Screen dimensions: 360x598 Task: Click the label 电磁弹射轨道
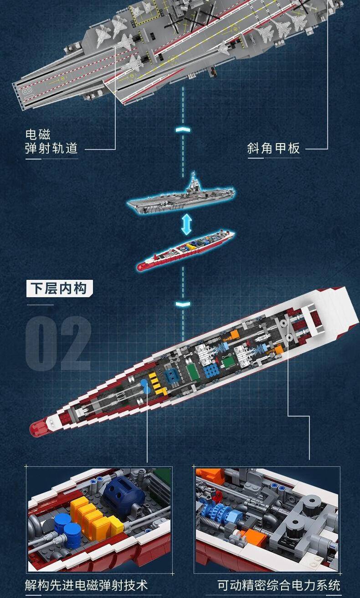click(x=51, y=141)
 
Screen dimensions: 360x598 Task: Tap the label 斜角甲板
click(x=273, y=148)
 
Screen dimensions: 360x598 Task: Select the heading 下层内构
click(x=59, y=289)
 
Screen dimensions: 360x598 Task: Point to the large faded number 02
click(x=59, y=343)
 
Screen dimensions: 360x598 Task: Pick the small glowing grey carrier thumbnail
click(x=181, y=194)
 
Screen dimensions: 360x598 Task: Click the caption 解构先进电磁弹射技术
click(x=86, y=585)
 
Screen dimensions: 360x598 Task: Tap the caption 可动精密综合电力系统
click(x=279, y=585)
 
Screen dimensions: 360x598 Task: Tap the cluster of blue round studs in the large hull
click(x=211, y=371)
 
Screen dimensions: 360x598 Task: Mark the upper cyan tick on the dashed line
click(x=183, y=130)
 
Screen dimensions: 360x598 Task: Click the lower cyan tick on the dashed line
click(x=183, y=304)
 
